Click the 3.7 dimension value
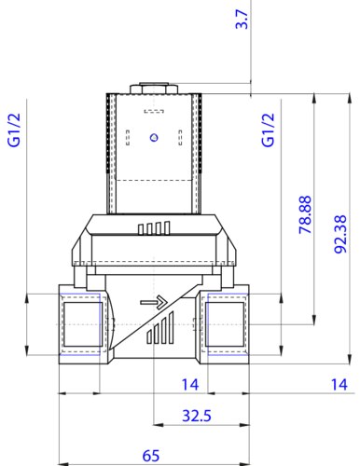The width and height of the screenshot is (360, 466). (x=242, y=20)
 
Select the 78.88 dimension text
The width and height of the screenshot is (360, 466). (x=305, y=214)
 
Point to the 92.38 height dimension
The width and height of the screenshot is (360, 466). (x=340, y=234)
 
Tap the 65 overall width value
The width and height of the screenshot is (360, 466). (x=151, y=456)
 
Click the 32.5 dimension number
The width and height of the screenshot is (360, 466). (x=197, y=416)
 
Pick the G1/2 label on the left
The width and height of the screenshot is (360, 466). (x=14, y=130)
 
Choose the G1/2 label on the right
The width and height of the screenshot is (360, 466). (x=269, y=130)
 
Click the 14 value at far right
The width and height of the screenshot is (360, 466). (x=339, y=384)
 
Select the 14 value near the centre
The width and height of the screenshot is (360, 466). (x=190, y=384)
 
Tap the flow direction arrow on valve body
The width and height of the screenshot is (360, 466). (x=154, y=302)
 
